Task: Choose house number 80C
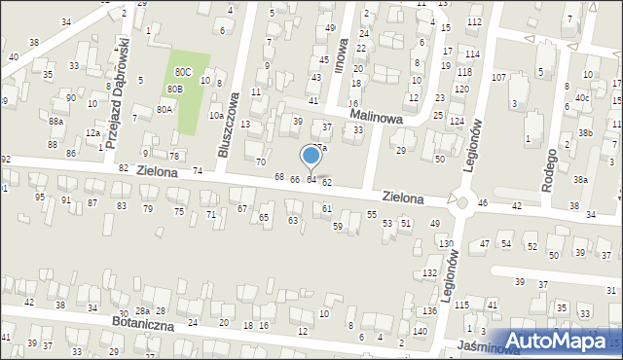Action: tap(183, 72)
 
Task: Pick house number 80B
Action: tap(174, 90)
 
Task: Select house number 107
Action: tap(499, 77)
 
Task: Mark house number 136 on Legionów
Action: tap(429, 310)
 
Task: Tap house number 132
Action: tap(429, 273)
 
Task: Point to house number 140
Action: tap(420, 332)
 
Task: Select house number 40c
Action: tap(581, 97)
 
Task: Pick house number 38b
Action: tap(584, 132)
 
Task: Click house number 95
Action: tap(40, 198)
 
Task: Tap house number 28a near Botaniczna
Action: tap(141, 309)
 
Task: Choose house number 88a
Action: tap(56, 121)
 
